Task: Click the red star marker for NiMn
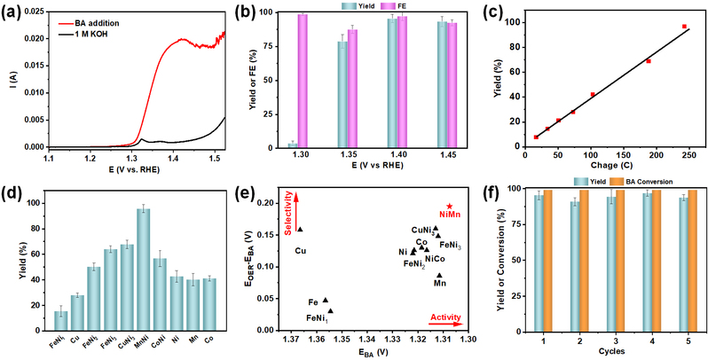point(450,207)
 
